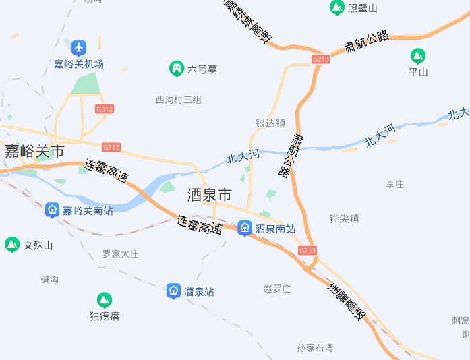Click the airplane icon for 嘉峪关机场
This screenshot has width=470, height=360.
[x=80, y=48]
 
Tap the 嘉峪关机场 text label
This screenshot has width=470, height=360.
[x=80, y=65]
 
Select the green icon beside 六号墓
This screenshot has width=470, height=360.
[x=177, y=68]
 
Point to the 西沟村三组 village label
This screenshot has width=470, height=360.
[x=179, y=100]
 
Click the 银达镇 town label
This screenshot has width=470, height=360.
[x=270, y=123]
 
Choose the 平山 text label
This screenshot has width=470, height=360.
[x=418, y=71]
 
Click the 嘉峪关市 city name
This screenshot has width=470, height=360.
[x=34, y=150]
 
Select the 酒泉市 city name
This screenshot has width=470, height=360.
[x=209, y=196]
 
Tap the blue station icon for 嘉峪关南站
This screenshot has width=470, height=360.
[x=52, y=210]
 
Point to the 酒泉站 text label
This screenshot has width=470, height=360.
[x=199, y=292]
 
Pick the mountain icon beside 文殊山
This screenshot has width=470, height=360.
[x=11, y=245]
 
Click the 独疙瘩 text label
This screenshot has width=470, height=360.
[x=105, y=316]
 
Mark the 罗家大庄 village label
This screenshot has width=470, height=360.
[x=120, y=254]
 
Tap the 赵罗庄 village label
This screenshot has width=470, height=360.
[x=276, y=289]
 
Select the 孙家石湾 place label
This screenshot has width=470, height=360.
[x=315, y=348]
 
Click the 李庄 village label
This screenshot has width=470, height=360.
[x=394, y=184]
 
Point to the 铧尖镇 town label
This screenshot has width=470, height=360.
[x=344, y=218]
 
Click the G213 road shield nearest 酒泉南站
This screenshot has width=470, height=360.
[x=307, y=251]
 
